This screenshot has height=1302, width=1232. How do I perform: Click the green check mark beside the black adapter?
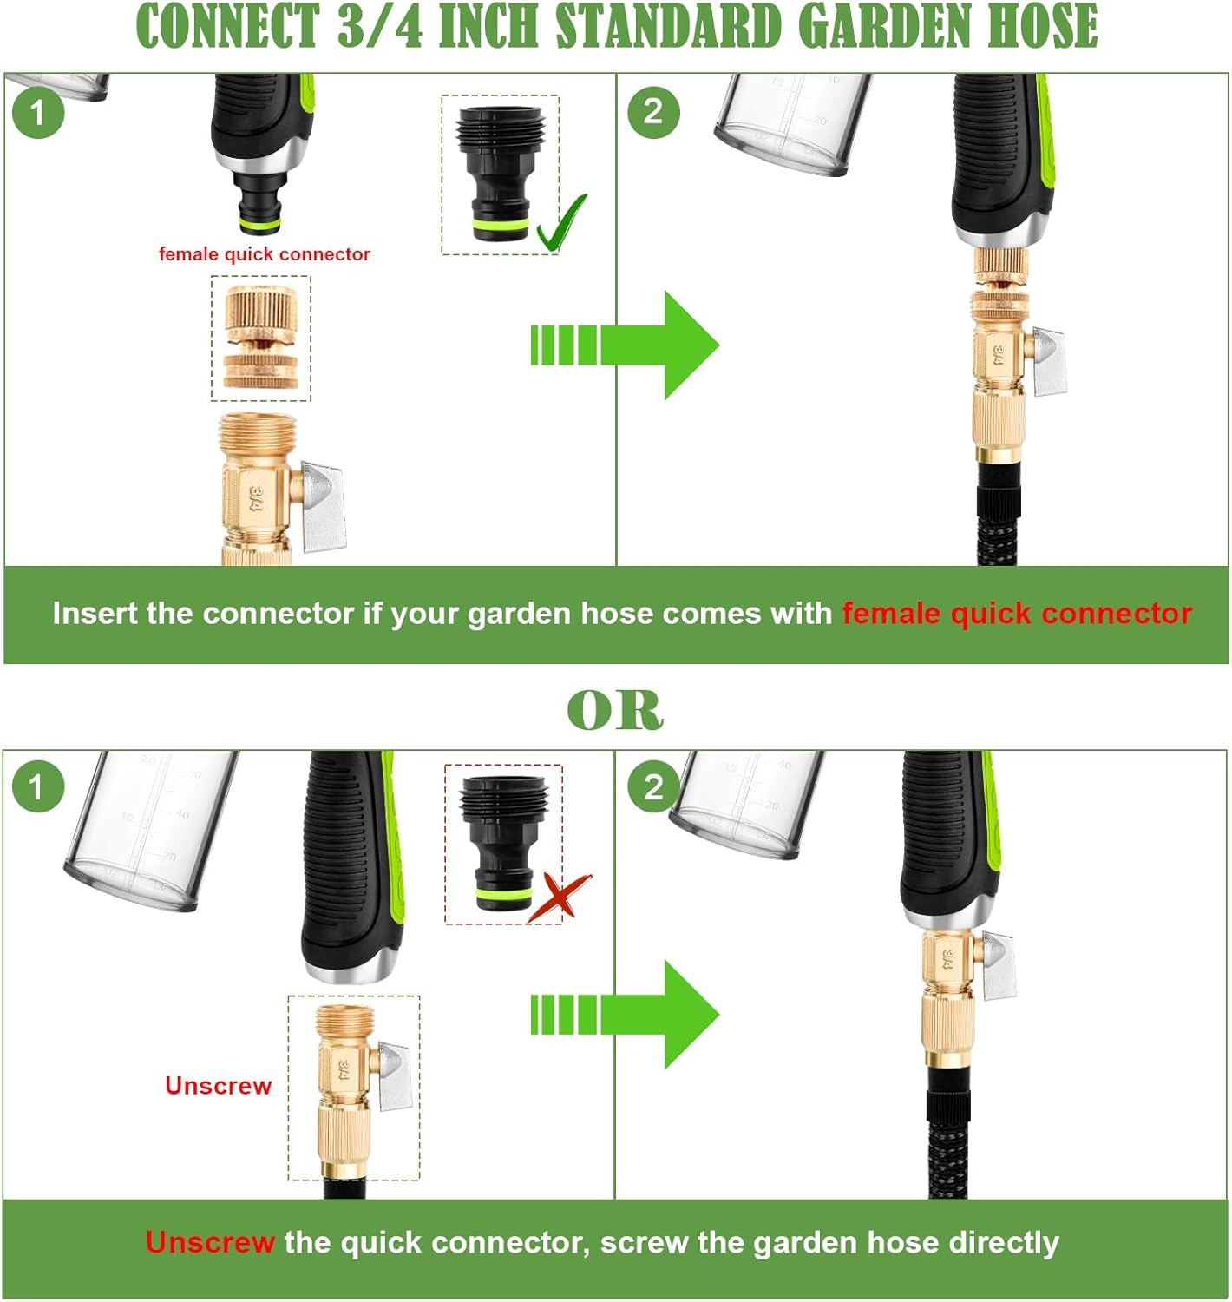coord(560,224)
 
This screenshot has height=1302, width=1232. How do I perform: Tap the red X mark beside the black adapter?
coord(560,898)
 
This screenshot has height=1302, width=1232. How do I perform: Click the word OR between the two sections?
coord(615,710)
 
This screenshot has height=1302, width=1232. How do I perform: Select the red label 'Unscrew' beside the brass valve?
coord(219,1086)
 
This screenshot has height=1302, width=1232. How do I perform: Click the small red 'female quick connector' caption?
coord(264,254)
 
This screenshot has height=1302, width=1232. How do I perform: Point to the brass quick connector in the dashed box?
coord(261,338)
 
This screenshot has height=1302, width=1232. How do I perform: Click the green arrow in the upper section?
coord(625,345)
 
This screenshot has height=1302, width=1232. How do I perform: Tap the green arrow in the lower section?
coord(625,1015)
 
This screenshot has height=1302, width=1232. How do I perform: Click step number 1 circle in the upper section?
coord(37,112)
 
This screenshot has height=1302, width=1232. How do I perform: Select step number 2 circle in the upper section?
coord(653,112)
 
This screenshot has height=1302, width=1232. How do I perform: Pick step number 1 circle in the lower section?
coord(37,787)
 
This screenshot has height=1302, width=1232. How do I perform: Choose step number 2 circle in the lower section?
coord(653,787)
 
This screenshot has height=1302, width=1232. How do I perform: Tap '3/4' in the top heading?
coord(380,27)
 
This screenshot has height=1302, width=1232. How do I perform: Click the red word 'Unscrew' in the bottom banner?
coord(210,1242)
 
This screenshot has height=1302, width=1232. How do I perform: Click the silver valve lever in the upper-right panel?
coord(1049,362)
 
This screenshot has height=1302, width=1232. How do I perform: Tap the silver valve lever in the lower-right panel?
coord(999,965)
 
